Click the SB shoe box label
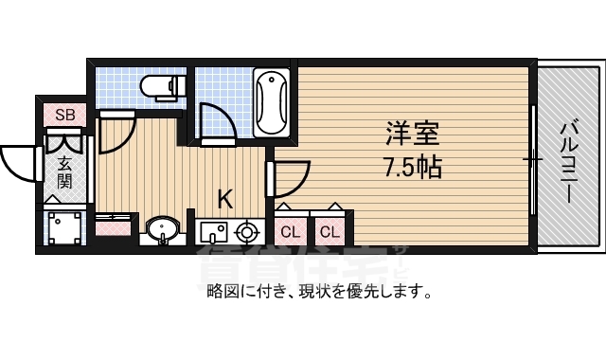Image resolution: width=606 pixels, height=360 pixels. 64,115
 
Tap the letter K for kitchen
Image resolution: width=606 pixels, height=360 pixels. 225,199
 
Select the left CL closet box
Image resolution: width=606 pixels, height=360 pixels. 292,231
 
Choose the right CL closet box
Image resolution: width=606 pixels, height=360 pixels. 329,231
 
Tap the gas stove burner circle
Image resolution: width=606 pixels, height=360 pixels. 248,231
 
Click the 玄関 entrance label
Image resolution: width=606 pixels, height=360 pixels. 64,171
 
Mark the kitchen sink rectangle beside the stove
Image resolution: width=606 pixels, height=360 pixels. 213,231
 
